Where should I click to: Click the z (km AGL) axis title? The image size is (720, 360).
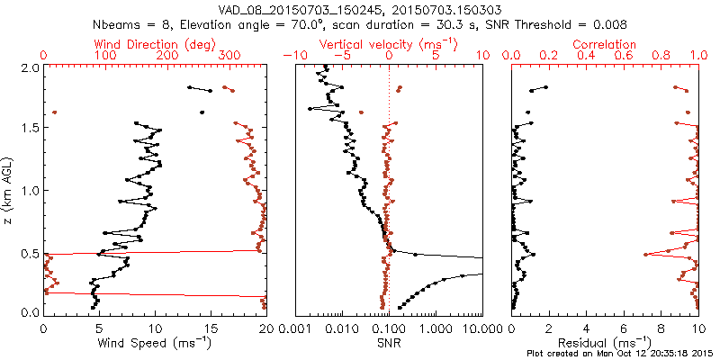point(10,188)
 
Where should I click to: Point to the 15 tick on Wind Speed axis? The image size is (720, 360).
point(211,328)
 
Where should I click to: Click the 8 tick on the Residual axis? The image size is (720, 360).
point(661,328)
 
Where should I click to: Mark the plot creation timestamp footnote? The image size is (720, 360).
point(620,354)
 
